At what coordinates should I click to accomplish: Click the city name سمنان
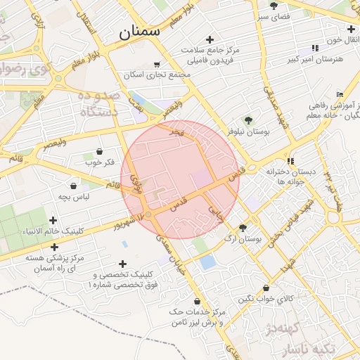(x=139, y=31)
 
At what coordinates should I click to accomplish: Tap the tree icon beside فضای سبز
(x=274, y=6)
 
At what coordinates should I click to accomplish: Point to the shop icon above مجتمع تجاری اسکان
(x=156, y=64)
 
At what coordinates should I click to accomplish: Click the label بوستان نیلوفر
(x=239, y=131)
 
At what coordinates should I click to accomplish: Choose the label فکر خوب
(x=100, y=163)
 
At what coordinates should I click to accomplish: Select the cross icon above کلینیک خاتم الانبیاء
(x=53, y=221)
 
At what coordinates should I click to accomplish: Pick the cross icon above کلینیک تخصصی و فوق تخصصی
(x=123, y=264)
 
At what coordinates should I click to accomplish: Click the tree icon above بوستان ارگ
(x=243, y=228)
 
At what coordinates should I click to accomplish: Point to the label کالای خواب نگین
(x=264, y=299)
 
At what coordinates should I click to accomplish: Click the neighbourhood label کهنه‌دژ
(x=283, y=328)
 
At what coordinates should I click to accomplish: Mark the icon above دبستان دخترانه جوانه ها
(x=290, y=161)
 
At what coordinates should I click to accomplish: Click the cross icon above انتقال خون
(x=330, y=28)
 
